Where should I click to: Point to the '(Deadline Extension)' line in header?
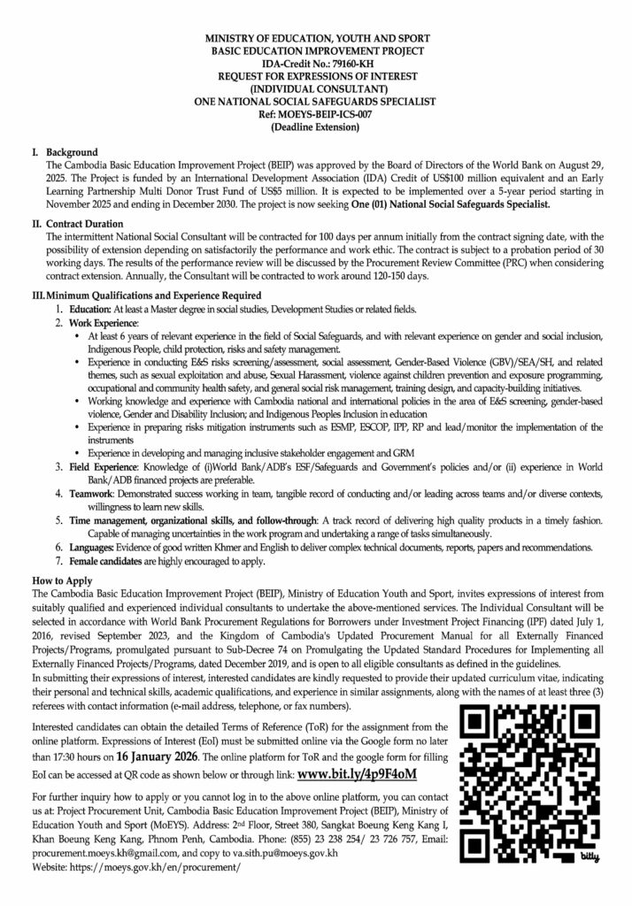(x=316, y=127)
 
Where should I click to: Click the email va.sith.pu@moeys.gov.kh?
(x=290, y=855)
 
